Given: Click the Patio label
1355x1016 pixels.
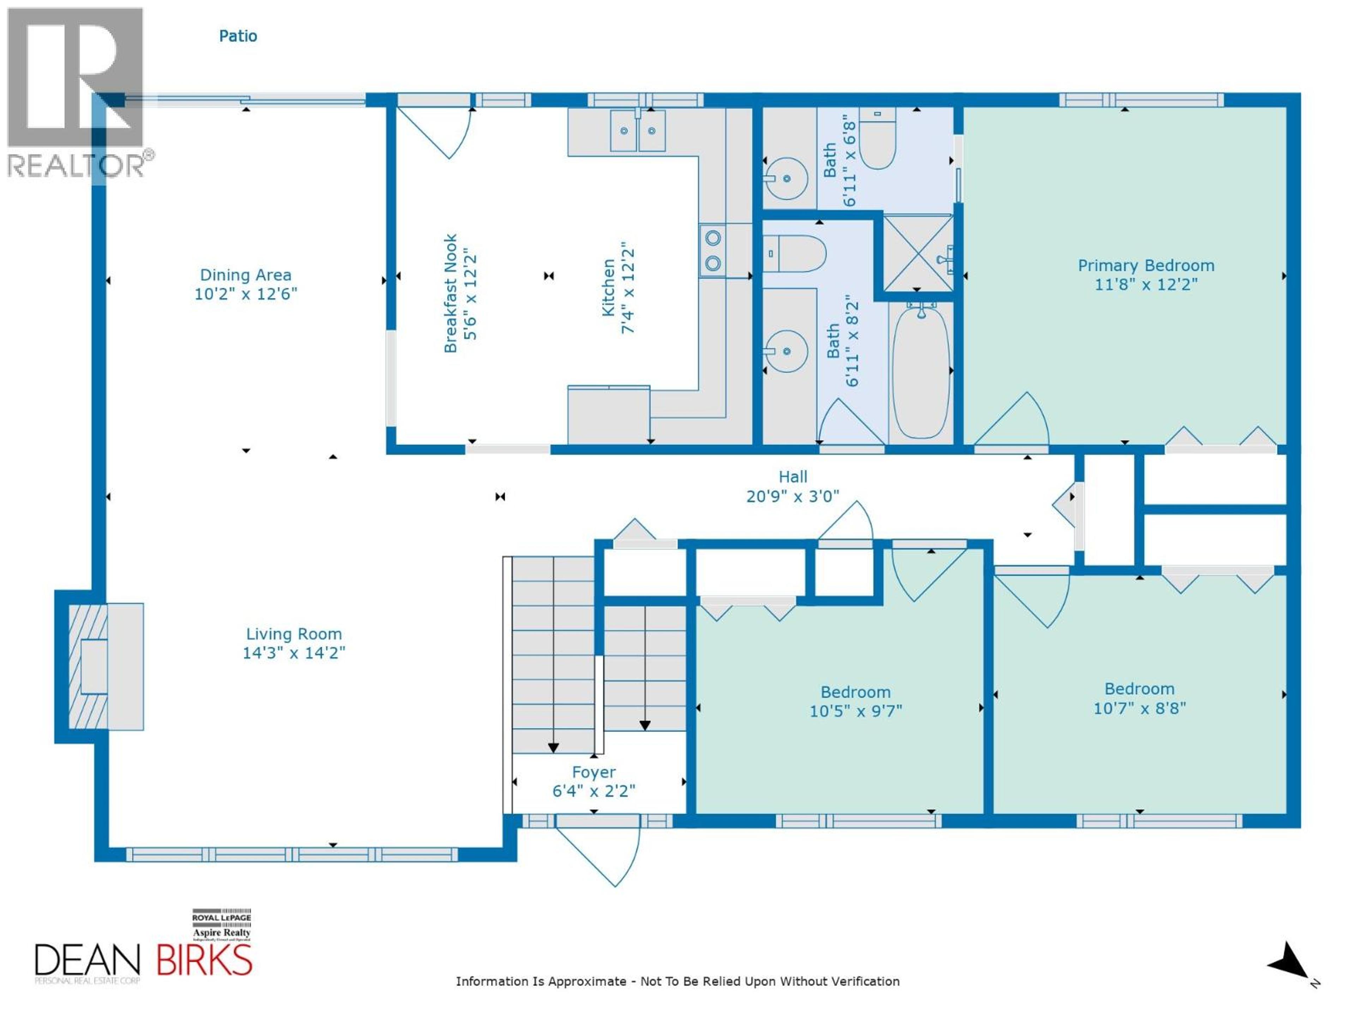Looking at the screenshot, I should [238, 36].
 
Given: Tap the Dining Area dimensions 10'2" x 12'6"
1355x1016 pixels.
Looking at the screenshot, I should [246, 294].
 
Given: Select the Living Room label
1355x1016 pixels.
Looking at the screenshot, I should [294, 634].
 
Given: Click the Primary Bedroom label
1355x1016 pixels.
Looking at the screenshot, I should [1145, 266].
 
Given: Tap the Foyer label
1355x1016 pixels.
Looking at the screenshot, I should [594, 772].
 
